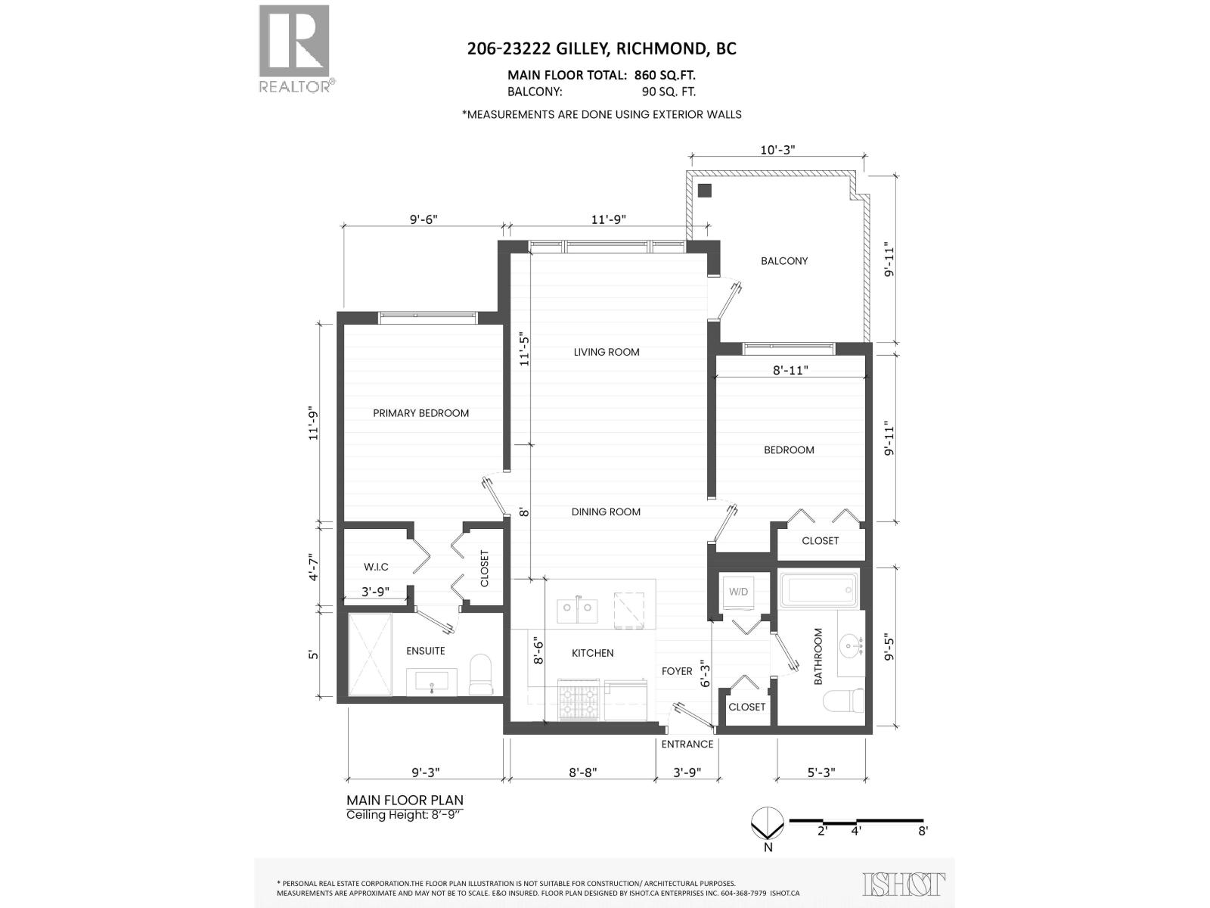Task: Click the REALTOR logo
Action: pyautogui.click(x=294, y=47)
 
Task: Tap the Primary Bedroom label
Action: pyautogui.click(x=420, y=413)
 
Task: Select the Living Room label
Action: pyautogui.click(x=606, y=352)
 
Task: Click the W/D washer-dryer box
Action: pyautogui.click(x=739, y=592)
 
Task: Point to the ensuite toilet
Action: pyautogui.click(x=481, y=675)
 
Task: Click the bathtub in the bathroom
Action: pyautogui.click(x=819, y=590)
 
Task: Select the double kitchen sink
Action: pyautogui.click(x=578, y=610)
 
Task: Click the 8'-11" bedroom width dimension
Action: pyautogui.click(x=790, y=370)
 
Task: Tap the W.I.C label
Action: pyautogui.click(x=376, y=567)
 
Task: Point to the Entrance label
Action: pyautogui.click(x=687, y=744)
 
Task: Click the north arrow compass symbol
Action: pyautogui.click(x=768, y=823)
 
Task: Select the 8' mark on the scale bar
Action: pyautogui.click(x=923, y=830)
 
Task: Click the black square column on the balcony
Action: pyautogui.click(x=705, y=190)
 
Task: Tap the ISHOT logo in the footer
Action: pyautogui.click(x=904, y=884)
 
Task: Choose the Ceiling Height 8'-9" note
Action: pyautogui.click(x=404, y=815)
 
